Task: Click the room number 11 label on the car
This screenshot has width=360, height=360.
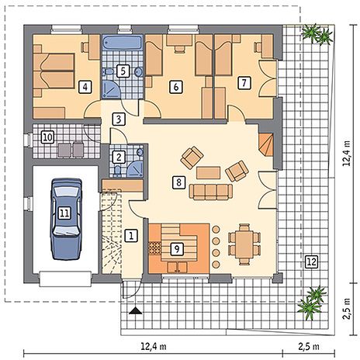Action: point(64,213)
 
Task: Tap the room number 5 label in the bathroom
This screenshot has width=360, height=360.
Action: point(123,71)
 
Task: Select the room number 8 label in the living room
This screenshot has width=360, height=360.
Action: point(178,182)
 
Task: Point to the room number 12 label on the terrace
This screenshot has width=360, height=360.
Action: point(312,261)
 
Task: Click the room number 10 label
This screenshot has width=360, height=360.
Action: point(48,137)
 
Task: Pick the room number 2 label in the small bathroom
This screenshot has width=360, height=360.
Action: point(119,157)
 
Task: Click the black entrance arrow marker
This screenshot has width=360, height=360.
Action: point(136,310)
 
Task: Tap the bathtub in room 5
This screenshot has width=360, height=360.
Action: point(123,43)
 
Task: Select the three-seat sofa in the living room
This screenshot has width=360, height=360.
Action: point(210,192)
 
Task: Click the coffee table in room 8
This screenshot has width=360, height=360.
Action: point(208,173)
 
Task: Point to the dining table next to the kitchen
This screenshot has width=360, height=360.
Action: point(244,244)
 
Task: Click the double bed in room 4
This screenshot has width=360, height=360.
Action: point(54,71)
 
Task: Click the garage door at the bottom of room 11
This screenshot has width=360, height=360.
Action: point(66,279)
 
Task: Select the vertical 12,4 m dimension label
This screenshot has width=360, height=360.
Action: point(347,154)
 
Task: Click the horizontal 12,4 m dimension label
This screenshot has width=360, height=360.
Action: point(154,346)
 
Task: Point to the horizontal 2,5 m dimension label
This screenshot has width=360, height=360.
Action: point(309,346)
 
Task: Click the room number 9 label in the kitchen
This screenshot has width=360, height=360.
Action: point(177,249)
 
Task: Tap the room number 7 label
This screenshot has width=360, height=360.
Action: point(244,83)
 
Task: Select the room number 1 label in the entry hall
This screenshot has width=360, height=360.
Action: point(131,236)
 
